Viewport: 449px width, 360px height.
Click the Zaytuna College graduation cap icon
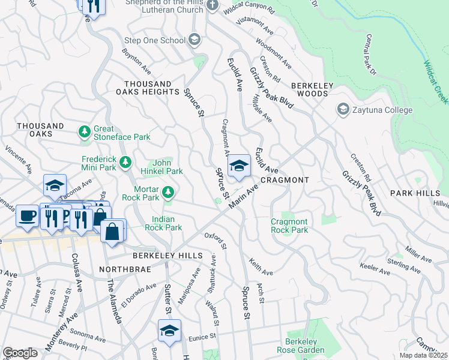coord(343,110)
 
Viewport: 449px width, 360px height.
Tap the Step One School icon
coord(194,40)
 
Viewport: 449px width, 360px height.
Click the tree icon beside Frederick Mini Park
coord(125,162)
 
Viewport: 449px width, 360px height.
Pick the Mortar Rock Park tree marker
coord(169,193)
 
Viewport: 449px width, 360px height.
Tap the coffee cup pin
coord(27,215)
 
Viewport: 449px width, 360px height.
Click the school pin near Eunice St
coord(169,331)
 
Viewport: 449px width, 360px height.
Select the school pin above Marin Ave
coord(239,166)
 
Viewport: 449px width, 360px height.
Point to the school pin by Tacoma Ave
coord(55,185)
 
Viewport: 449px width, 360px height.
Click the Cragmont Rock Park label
coord(289,226)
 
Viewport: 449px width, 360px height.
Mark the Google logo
coord(20,353)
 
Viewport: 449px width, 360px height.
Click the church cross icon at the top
coord(212,6)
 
